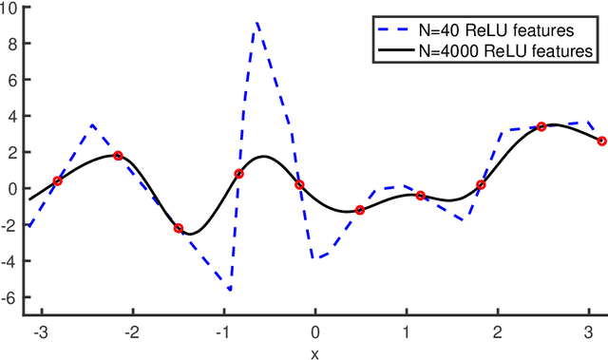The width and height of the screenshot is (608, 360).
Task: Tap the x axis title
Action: (x=315, y=352)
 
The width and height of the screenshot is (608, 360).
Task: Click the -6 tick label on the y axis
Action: (x=12, y=297)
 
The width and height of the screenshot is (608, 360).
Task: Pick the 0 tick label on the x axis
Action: (x=315, y=332)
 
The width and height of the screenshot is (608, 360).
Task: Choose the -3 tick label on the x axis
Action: (x=38, y=332)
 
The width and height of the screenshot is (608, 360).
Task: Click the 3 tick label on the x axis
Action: (x=590, y=332)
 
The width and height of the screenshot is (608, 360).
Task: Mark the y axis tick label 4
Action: (x=16, y=116)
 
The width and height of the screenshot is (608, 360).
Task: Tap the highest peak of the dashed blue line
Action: (x=256, y=23)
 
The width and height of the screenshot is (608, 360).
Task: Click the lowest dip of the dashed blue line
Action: (x=230, y=290)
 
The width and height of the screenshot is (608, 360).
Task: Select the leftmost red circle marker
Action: (x=57, y=180)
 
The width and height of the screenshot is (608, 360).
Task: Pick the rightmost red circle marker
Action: (x=601, y=141)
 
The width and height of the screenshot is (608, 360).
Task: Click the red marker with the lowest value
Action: (x=179, y=228)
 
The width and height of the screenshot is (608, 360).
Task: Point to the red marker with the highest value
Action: (x=541, y=126)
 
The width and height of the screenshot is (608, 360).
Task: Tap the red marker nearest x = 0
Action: (x=299, y=184)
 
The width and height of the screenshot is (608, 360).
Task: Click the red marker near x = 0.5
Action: (x=360, y=210)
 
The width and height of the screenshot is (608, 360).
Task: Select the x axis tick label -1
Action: (x=222, y=332)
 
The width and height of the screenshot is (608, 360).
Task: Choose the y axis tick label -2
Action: (x=12, y=225)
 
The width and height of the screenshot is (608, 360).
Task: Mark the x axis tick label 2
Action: (x=498, y=332)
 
